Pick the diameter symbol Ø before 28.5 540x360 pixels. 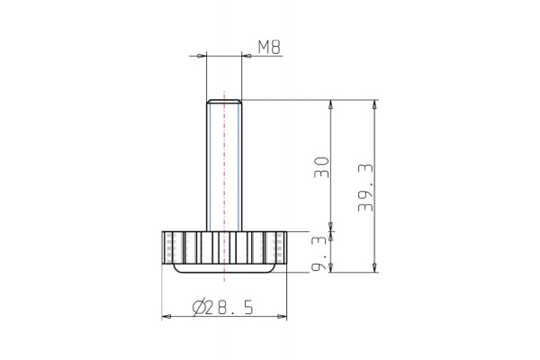[x=200, y=307]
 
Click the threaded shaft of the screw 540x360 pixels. [x=224, y=162]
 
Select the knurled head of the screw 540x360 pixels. [x=224, y=246]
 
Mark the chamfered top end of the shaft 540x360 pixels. [x=224, y=102]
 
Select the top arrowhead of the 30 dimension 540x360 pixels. [x=333, y=104]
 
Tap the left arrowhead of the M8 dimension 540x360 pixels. [x=201, y=56]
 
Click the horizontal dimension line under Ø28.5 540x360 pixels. [x=224, y=317]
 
